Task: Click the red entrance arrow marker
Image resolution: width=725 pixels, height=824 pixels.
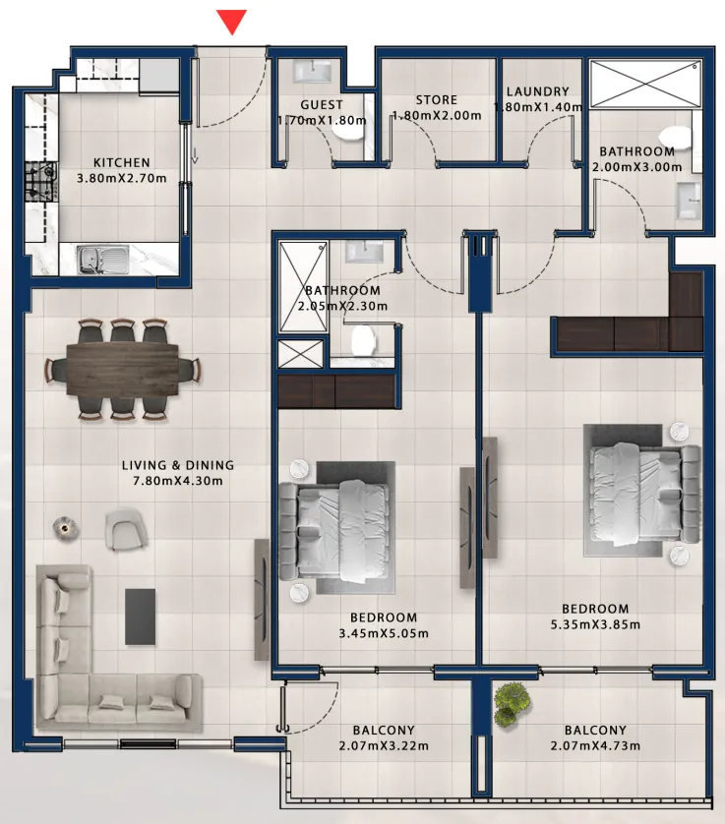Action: (232, 22)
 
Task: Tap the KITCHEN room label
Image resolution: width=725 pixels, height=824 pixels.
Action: (122, 163)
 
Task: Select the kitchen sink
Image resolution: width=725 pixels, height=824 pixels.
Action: (103, 260)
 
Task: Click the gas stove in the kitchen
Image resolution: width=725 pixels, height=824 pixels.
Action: (41, 182)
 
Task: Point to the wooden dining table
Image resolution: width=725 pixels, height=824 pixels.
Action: (123, 369)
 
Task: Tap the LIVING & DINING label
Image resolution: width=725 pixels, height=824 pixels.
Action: (178, 465)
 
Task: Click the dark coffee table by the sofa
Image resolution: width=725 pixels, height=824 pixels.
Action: (141, 617)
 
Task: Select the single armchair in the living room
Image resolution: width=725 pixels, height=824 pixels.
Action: (126, 528)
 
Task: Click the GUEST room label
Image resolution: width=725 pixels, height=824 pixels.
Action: (322, 105)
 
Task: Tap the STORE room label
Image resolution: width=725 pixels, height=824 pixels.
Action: (437, 100)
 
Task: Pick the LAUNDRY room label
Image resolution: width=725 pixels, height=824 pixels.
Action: (538, 91)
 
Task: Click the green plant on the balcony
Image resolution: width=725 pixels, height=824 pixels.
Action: (509, 705)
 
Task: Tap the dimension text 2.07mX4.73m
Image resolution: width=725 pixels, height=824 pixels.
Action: (595, 745)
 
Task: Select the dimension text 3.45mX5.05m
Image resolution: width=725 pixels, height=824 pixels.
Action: (384, 633)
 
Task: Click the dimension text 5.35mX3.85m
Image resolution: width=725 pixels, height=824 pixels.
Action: (595, 624)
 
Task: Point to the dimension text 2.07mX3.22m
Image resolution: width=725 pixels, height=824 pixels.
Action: (384, 745)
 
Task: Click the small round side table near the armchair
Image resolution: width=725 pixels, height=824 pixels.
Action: (66, 528)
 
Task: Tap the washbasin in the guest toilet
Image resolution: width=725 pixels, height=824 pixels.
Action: (313, 72)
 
